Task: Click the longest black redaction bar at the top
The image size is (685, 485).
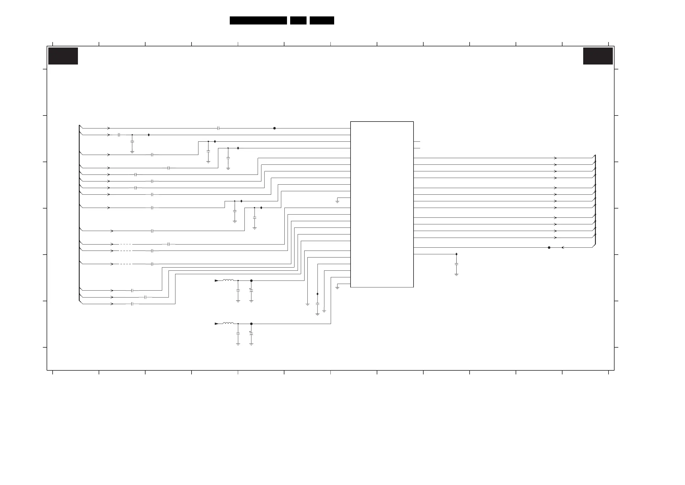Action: pyautogui.click(x=258, y=20)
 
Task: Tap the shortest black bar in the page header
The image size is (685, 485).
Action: pyautogui.click(x=298, y=20)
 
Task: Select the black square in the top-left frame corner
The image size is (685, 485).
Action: pyautogui.click(x=63, y=56)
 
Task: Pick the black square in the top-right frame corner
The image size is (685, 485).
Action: pyautogui.click(x=598, y=56)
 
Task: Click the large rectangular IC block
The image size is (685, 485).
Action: pyautogui.click(x=382, y=204)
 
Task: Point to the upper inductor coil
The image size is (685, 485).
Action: pyautogui.click(x=228, y=280)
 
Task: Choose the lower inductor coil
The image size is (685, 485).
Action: pyautogui.click(x=228, y=323)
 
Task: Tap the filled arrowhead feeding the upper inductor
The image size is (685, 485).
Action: pyautogui.click(x=217, y=281)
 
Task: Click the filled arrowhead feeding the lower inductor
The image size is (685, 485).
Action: pyautogui.click(x=217, y=324)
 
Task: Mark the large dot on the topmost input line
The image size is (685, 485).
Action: pyautogui.click(x=274, y=128)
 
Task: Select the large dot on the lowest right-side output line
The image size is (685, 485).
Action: pyautogui.click(x=549, y=247)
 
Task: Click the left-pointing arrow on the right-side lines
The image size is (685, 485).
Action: pyautogui.click(x=563, y=247)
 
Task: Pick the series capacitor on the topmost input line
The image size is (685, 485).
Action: pyautogui.click(x=218, y=128)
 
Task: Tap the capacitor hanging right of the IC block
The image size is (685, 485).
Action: pyautogui.click(x=456, y=264)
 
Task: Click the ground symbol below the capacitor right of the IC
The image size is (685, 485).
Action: pyautogui.click(x=456, y=275)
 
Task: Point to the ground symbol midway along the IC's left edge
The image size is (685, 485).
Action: pyautogui.click(x=337, y=202)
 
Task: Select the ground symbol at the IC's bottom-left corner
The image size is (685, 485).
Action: pyautogui.click(x=337, y=287)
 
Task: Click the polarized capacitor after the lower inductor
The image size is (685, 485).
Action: pyautogui.click(x=251, y=334)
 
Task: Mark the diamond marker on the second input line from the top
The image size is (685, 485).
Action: pyautogui.click(x=149, y=135)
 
